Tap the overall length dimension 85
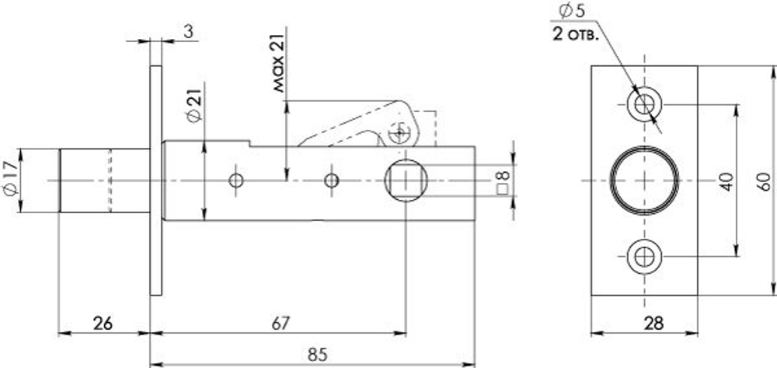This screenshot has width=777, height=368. tap(315, 353)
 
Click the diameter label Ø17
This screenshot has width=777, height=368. tap(9, 180)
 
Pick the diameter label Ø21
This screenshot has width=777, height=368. tap(193, 105)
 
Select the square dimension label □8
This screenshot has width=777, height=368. tap(503, 181)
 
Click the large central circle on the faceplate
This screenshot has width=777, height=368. tap(644, 180)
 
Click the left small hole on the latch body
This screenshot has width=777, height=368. tap(236, 181)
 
